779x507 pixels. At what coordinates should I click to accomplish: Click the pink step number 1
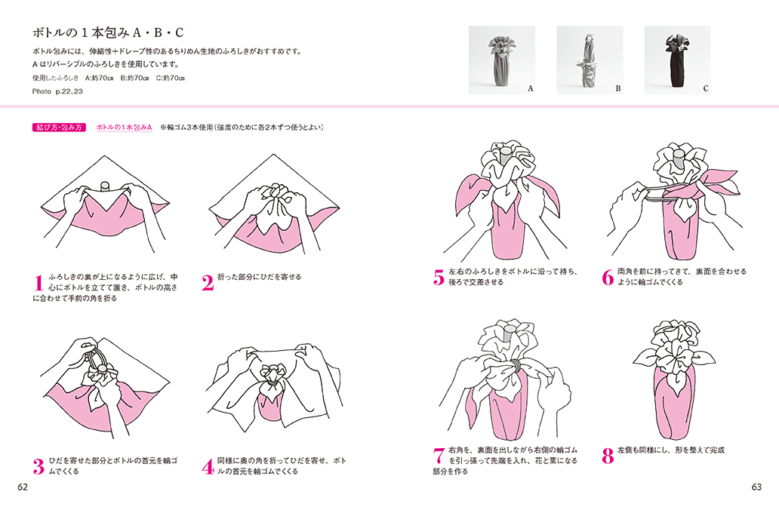38,283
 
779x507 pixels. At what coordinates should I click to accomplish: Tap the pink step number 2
208,283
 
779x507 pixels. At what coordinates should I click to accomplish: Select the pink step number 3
38,466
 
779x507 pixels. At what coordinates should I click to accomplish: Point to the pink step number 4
208,466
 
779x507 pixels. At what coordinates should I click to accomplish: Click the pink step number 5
439,278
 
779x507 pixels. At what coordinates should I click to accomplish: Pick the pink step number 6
608,278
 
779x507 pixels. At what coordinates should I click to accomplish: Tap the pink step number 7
439,456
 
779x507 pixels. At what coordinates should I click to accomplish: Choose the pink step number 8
608,456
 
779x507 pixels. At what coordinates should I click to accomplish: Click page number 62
23,487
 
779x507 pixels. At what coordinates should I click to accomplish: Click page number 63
756,487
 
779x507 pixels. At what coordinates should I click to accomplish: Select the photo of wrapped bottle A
502,60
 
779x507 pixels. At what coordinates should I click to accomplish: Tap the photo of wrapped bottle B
590,60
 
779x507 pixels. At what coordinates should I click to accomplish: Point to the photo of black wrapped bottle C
678,60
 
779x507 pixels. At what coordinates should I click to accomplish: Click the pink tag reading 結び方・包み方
59,128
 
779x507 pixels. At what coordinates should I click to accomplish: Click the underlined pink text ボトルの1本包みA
125,128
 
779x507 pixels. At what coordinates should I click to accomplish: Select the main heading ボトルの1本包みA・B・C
108,32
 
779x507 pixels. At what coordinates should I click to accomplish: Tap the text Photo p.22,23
57,91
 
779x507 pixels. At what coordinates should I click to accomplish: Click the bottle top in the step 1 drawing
105,186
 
